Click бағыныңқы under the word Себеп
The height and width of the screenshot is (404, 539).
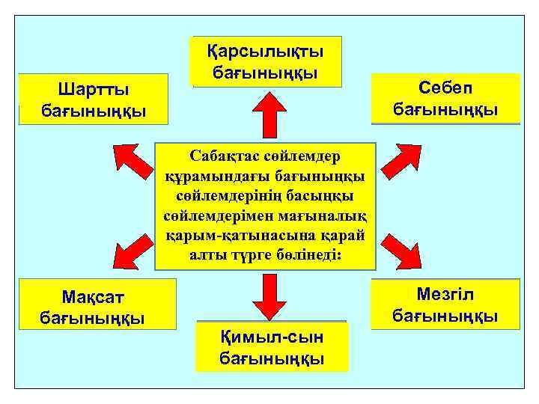446,109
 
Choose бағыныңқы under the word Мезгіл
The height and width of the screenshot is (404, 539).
446,316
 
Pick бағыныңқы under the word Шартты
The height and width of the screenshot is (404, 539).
94,112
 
